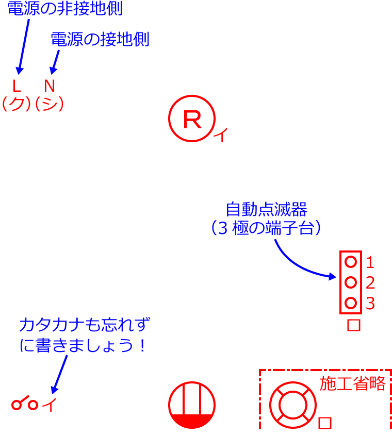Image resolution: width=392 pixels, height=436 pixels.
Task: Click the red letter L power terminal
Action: (x=17, y=86)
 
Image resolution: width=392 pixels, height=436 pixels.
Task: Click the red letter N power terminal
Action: (x=49, y=86)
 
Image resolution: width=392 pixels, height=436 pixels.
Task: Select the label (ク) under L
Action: (x=17, y=104)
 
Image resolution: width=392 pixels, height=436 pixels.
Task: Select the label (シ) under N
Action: (x=49, y=104)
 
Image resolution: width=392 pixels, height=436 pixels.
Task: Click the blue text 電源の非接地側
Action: (x=64, y=8)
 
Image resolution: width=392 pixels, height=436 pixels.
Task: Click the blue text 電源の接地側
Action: (x=100, y=40)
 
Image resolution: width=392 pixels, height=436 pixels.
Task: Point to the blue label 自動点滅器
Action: (x=267, y=210)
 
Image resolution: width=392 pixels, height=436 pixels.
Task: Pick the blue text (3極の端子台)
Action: (x=266, y=228)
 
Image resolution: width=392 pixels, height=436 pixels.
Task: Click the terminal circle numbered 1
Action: (x=351, y=262)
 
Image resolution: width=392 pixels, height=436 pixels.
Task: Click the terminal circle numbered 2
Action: (x=351, y=282)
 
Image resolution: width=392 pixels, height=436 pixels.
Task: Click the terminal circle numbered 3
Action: (x=351, y=303)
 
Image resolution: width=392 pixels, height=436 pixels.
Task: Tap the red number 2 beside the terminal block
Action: (x=370, y=283)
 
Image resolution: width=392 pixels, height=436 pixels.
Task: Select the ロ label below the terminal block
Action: (x=353, y=325)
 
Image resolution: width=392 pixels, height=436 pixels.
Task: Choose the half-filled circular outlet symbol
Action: (x=192, y=406)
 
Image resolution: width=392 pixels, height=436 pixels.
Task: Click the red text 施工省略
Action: (x=353, y=383)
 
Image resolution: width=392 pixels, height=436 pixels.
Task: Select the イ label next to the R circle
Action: (x=220, y=136)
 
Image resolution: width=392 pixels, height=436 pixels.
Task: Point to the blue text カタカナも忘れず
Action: (x=85, y=326)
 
